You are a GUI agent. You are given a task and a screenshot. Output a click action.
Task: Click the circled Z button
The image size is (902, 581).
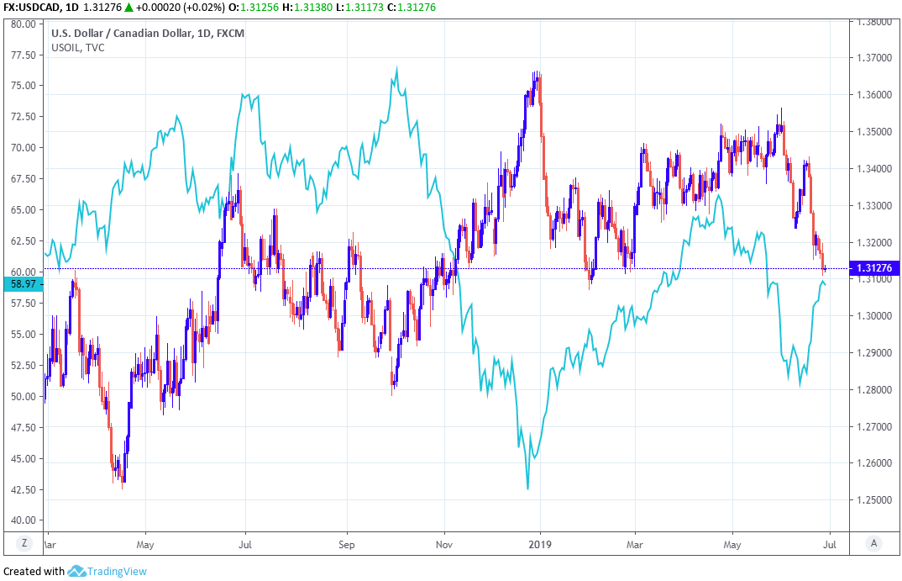tap(24, 543)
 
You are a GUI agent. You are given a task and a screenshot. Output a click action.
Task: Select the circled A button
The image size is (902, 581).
tap(874, 543)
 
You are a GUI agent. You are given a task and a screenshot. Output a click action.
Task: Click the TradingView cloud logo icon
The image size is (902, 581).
tap(78, 571)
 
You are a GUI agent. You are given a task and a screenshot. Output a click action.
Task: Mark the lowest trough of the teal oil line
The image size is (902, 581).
tap(527, 489)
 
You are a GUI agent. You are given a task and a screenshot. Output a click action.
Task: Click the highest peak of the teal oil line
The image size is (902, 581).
tap(396, 68)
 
